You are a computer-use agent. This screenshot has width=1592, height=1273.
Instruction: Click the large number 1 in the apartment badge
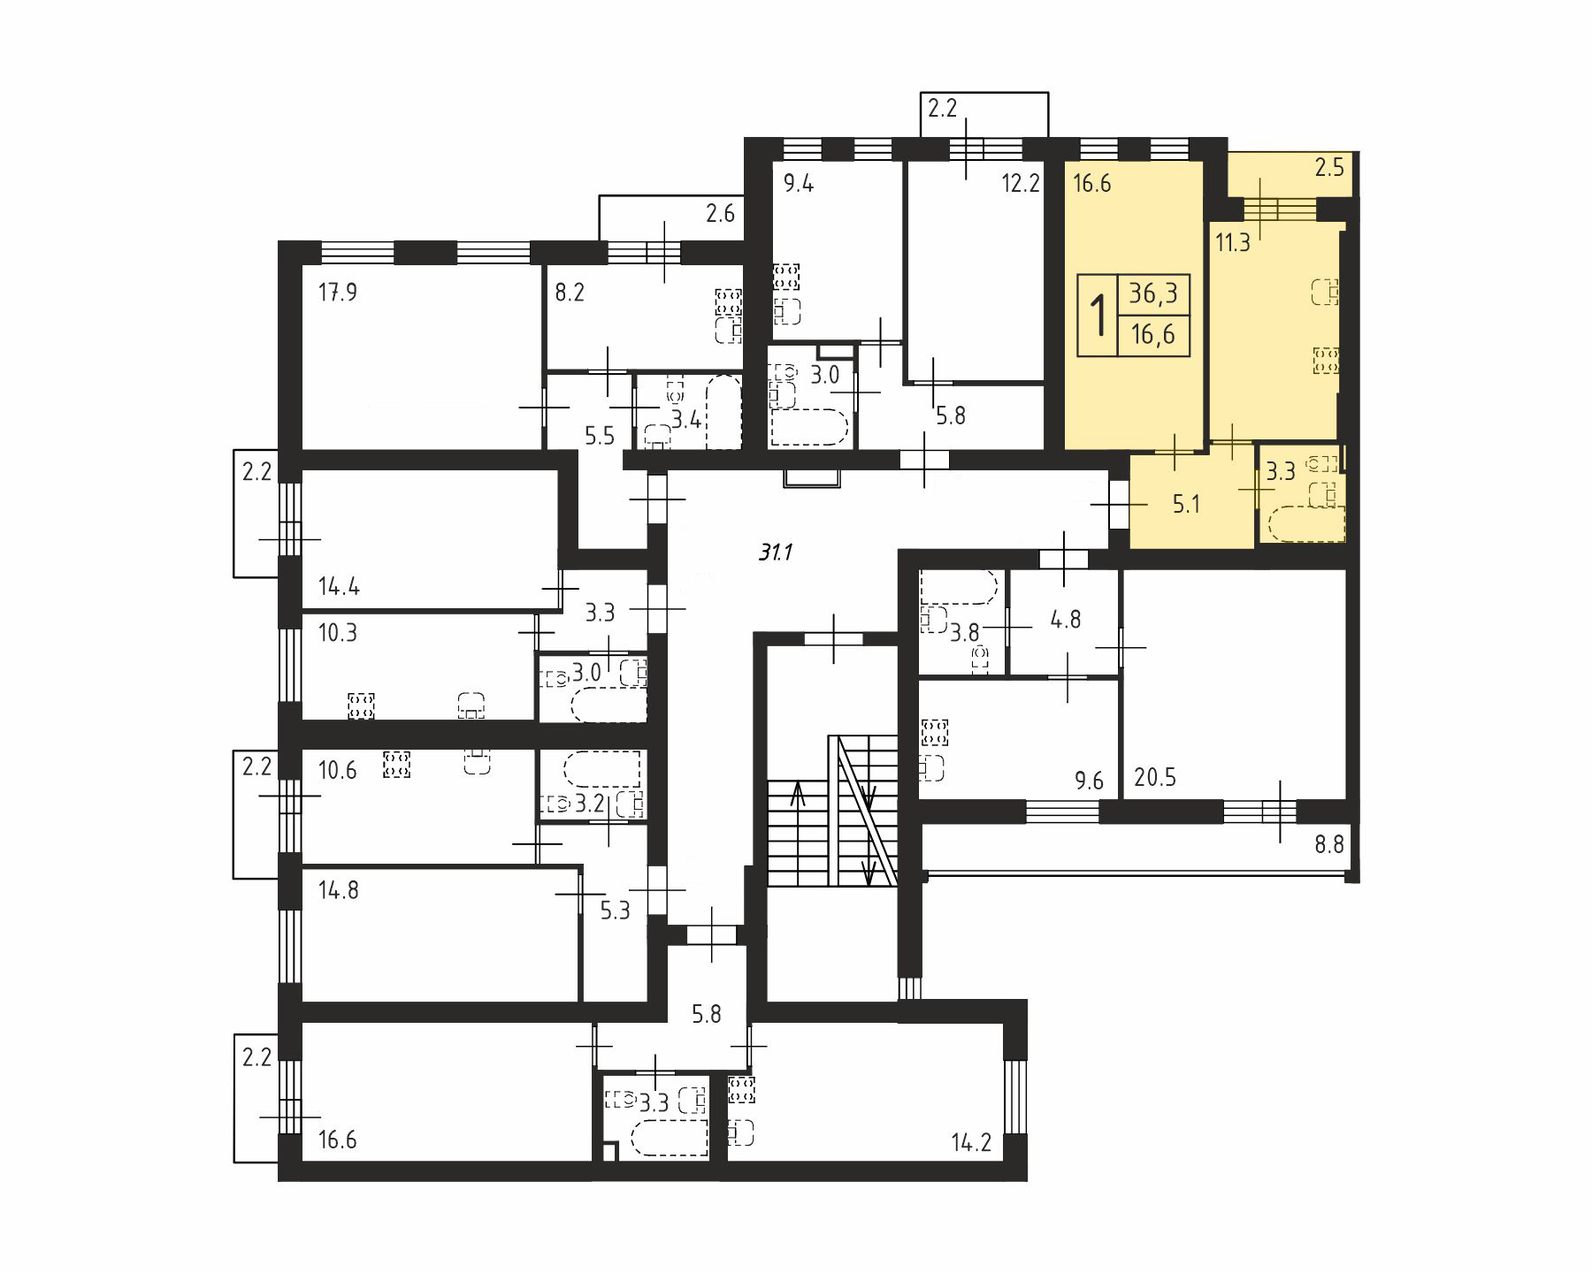tap(1099, 316)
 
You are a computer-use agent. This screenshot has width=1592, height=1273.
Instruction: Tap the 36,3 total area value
tap(1153, 293)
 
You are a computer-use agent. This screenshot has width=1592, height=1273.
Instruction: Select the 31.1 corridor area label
tap(775, 553)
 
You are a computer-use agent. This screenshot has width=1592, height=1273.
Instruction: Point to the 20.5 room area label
tap(1155, 778)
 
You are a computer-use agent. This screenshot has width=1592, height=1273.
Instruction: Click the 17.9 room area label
tap(338, 292)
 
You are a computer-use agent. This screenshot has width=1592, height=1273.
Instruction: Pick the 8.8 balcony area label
tap(1328, 844)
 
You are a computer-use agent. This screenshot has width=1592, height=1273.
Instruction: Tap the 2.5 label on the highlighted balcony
tap(1329, 168)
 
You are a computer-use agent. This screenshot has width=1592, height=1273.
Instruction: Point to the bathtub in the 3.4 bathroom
tap(724, 413)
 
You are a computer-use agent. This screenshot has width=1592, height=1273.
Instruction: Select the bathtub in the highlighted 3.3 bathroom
tap(1307, 524)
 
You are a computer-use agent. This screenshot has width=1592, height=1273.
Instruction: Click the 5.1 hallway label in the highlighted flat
tap(1186, 505)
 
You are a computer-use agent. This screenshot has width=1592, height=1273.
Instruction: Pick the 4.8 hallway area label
tap(1066, 619)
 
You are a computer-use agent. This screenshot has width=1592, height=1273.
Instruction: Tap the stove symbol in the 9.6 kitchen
tap(935, 733)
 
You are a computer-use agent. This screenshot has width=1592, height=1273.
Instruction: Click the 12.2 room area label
tap(1020, 185)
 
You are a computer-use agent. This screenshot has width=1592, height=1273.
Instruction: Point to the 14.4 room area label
tap(339, 586)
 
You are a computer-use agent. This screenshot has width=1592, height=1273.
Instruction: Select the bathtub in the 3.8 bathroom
tap(960, 587)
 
